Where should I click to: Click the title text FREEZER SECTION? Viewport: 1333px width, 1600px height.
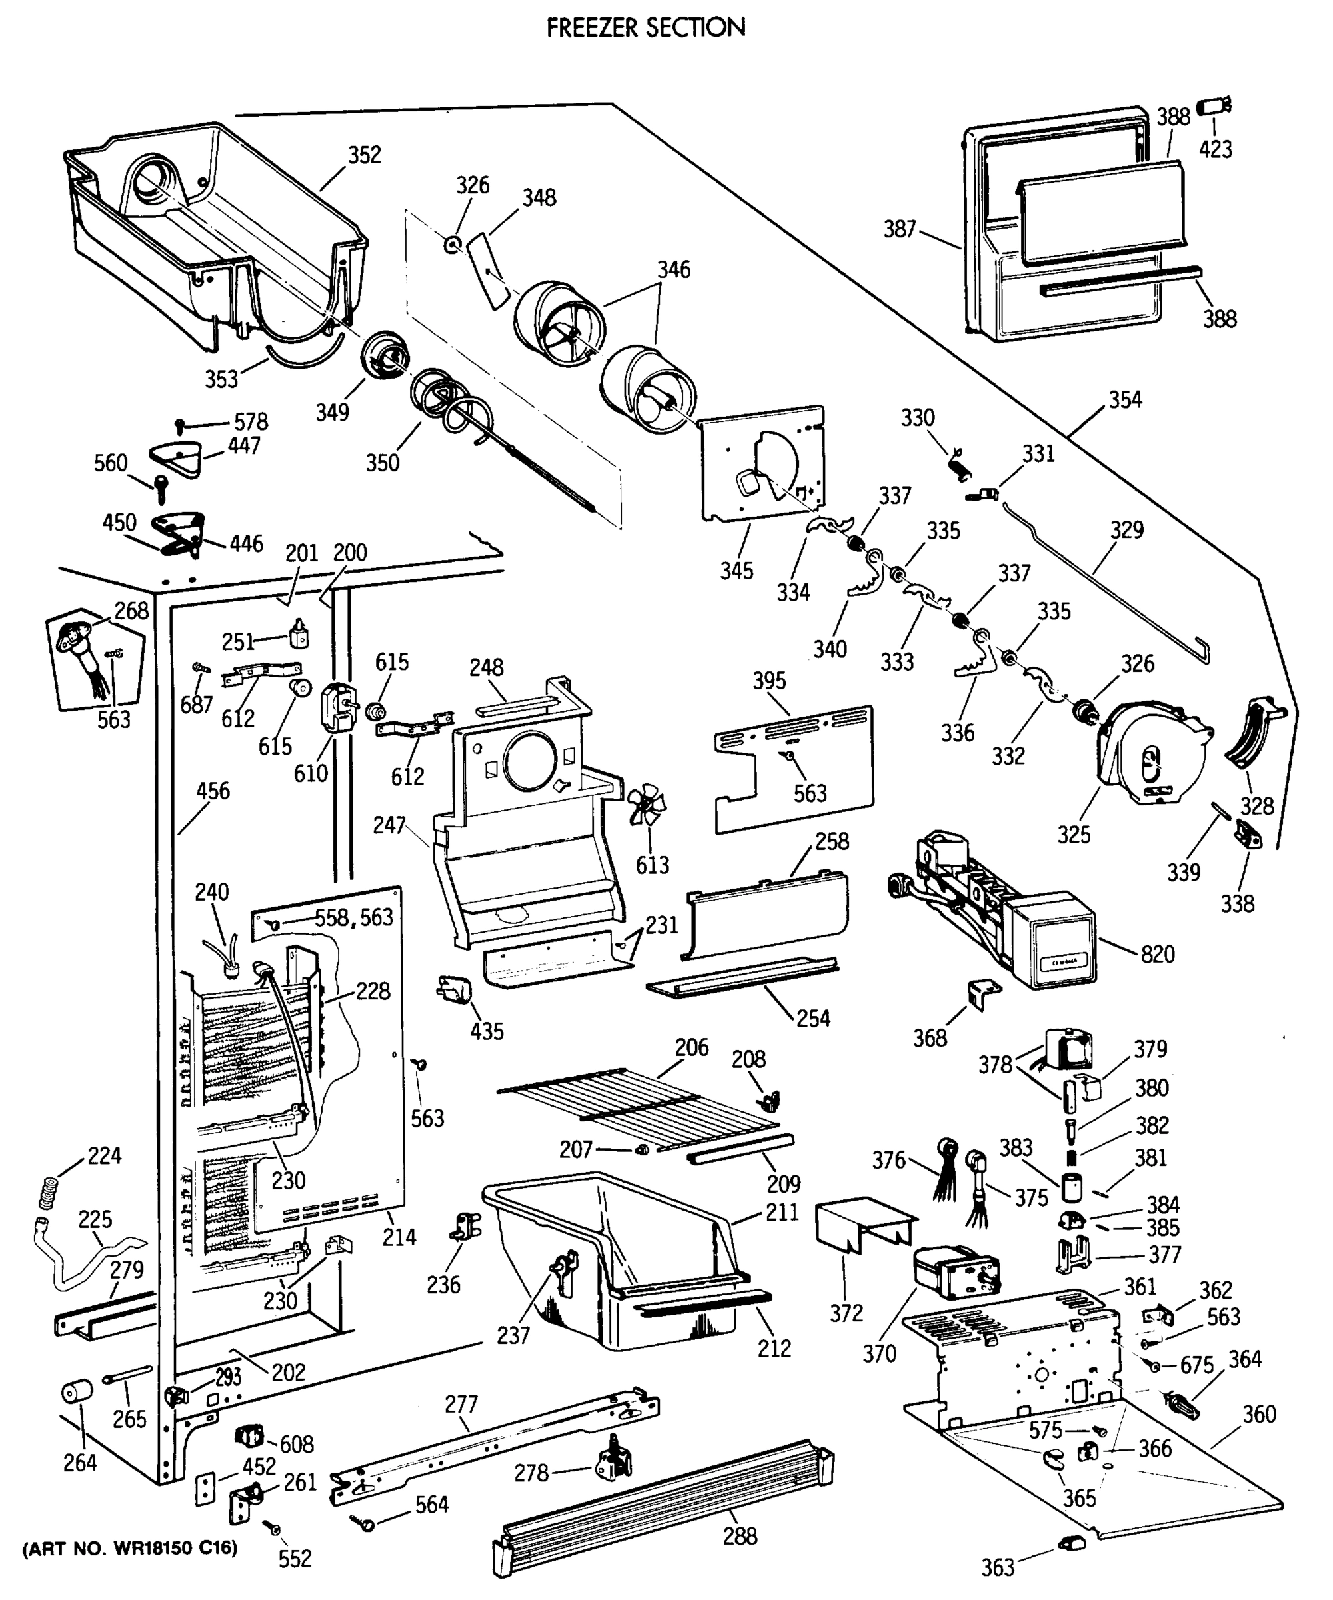point(646,27)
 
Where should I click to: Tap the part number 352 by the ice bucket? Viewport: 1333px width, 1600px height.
point(364,155)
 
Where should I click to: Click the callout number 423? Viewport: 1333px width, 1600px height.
point(1215,149)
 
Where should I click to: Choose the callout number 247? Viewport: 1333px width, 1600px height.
point(389,825)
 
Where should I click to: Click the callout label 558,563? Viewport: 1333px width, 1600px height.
point(354,917)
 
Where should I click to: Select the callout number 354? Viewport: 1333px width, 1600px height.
point(1125,399)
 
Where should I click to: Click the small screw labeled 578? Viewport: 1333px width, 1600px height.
point(181,423)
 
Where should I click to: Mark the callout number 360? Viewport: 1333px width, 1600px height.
point(1259,1414)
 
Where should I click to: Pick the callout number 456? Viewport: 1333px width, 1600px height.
point(213,791)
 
